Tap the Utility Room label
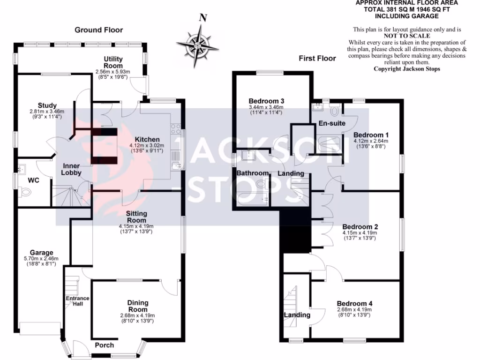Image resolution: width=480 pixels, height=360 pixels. [x=113, y=62]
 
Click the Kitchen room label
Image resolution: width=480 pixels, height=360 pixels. [x=147, y=139]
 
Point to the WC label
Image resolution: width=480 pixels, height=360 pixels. [x=33, y=180]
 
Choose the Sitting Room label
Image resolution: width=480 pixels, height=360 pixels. [x=136, y=217]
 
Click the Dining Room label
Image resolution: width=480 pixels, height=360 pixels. [x=137, y=306]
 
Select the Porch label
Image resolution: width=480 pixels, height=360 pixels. [x=104, y=345]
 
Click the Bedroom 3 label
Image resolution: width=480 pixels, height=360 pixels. [x=266, y=101]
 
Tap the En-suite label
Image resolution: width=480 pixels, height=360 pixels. [x=331, y=123]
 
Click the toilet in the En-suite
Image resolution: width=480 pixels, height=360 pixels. [x=335, y=111]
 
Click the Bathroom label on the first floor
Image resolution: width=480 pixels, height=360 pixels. [x=252, y=173]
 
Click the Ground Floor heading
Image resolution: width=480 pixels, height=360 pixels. [x=99, y=30]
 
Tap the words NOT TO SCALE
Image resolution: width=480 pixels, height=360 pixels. [x=407, y=36]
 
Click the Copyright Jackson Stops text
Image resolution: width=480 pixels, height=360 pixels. [x=407, y=68]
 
